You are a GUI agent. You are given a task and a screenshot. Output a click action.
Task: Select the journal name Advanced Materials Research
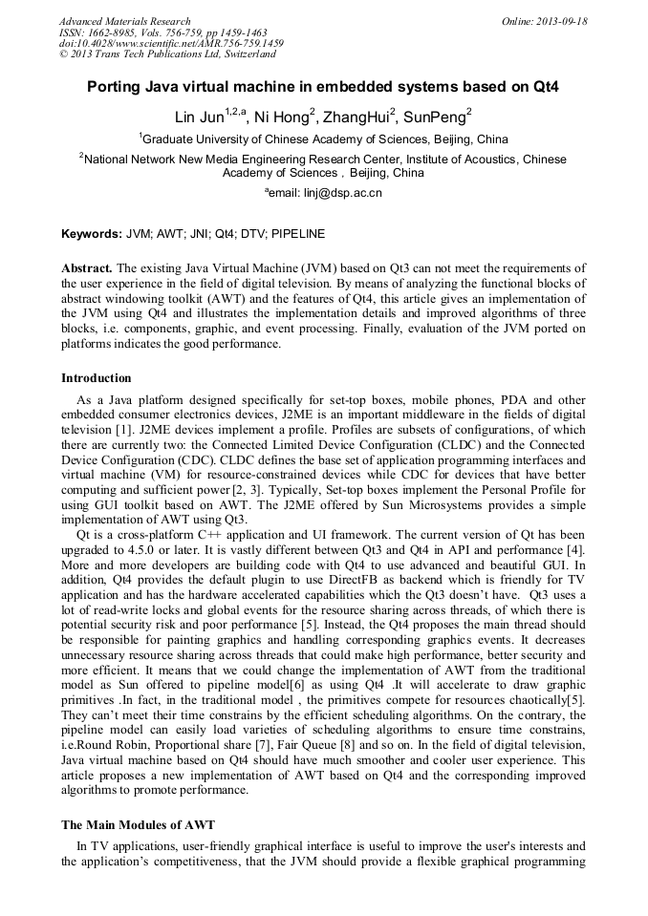pyautogui.click(x=124, y=21)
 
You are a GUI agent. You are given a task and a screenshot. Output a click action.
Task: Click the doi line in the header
pyautogui.click(x=171, y=44)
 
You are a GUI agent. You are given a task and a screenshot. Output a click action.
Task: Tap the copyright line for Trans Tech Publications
pyautogui.click(x=167, y=54)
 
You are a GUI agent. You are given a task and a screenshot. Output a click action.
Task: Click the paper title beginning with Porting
pyautogui.click(x=323, y=87)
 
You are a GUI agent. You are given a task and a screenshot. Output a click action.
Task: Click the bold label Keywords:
pyautogui.click(x=92, y=234)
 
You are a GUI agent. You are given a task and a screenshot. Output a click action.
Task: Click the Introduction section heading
pyautogui.click(x=97, y=378)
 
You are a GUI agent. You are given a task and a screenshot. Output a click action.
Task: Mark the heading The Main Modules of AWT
pyautogui.click(x=139, y=824)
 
